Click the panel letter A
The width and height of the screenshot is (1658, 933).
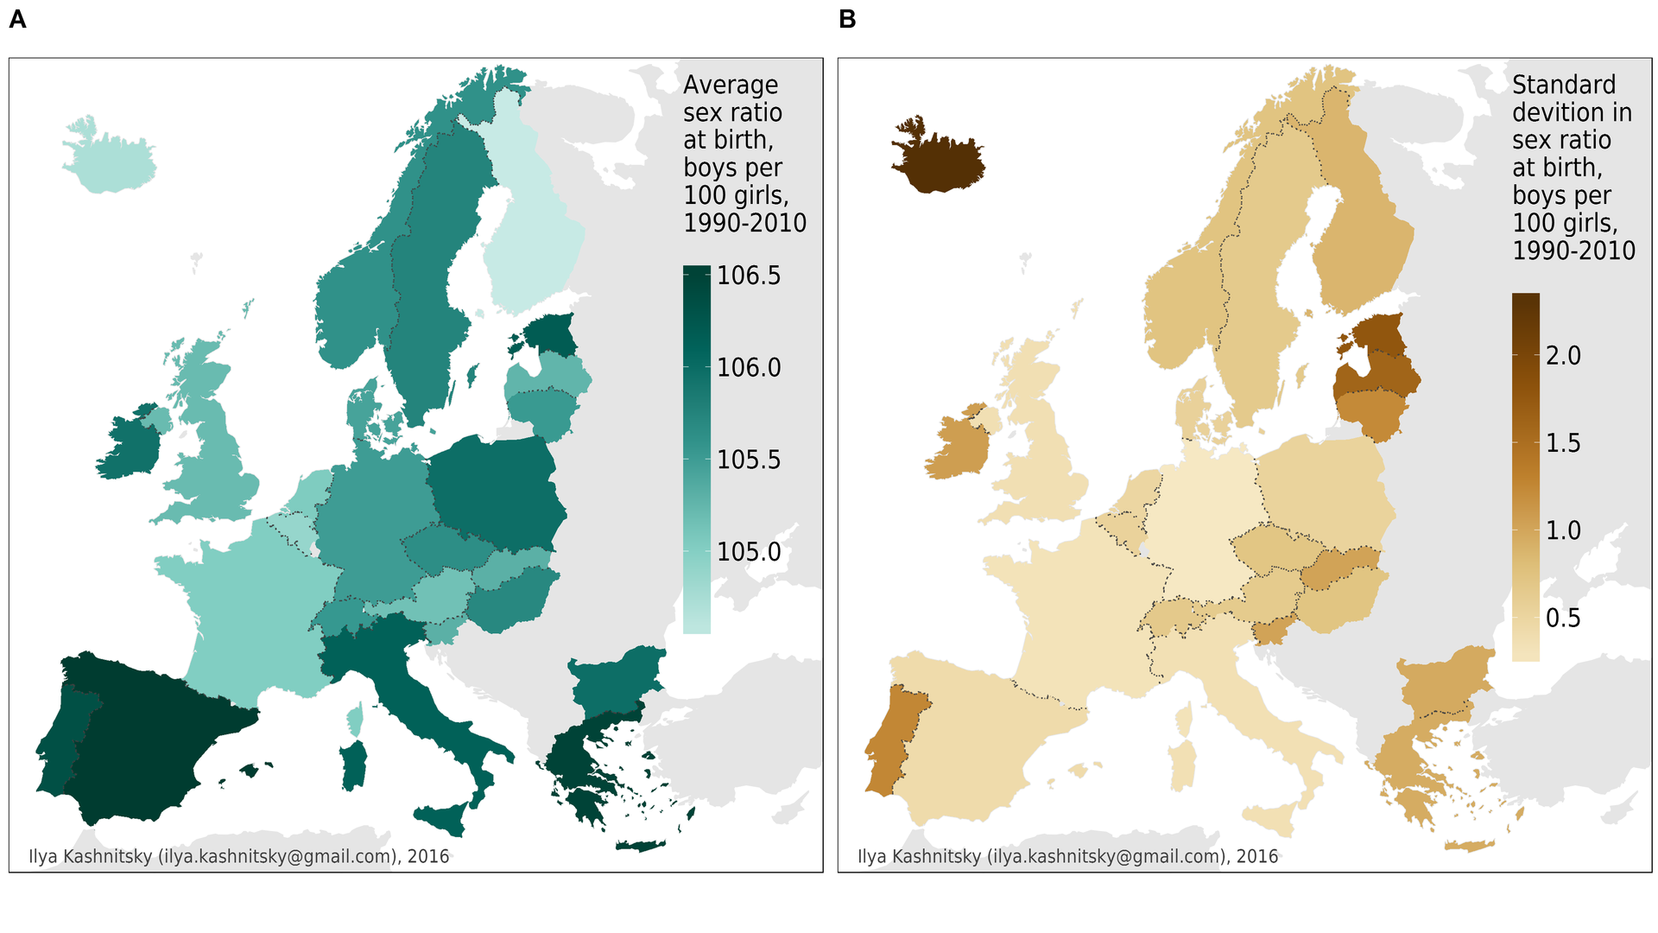[17, 20]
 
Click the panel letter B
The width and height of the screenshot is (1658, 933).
[847, 20]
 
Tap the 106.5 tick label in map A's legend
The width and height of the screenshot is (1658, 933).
[749, 276]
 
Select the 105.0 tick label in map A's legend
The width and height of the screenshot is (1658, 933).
[749, 552]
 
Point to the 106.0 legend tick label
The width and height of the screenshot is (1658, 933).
[749, 368]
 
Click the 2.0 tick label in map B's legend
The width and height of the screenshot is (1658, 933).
[1563, 356]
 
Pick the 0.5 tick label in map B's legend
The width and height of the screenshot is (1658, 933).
[1563, 619]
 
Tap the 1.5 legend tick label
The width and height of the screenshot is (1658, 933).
[1563, 443]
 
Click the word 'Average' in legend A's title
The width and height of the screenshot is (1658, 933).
[731, 85]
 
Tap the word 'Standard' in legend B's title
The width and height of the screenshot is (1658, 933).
[1564, 85]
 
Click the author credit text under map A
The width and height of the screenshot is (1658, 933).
[239, 856]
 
